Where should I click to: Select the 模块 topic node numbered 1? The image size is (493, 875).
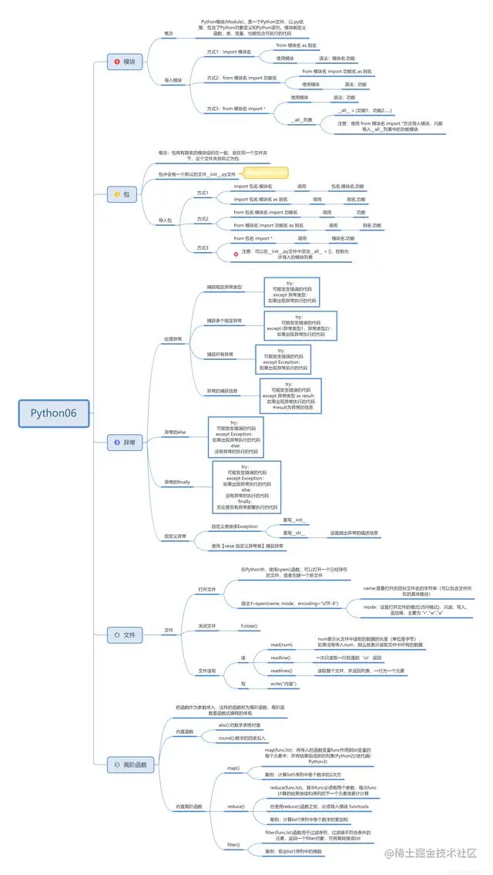pos(124,61)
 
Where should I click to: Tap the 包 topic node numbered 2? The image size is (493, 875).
pos(124,194)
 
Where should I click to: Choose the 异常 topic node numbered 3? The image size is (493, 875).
pos(124,442)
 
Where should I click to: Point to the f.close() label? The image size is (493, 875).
pos(249,625)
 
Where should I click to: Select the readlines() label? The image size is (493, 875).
pos(280,671)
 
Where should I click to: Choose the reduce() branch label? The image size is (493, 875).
pos(236,806)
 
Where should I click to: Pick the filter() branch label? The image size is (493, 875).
pos(233,845)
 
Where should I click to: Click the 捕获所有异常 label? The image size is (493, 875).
pos(221,354)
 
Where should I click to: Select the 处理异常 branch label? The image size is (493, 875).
pos(173,338)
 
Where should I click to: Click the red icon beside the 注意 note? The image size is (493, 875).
pos(236,252)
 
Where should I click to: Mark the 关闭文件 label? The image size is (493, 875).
pos(207,625)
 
